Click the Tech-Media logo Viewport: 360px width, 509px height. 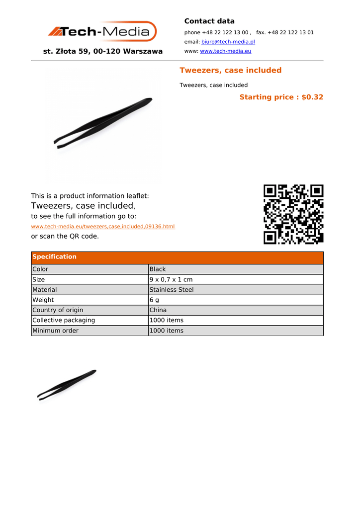coord(102,32)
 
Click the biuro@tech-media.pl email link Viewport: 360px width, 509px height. coord(228,42)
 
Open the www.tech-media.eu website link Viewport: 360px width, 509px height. coord(225,51)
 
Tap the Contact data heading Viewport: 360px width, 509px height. coord(209,21)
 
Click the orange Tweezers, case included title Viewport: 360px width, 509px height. coord(230,70)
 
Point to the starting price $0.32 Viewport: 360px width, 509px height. coord(281,97)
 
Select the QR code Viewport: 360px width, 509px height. coord(293,214)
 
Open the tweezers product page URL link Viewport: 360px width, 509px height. coord(103,227)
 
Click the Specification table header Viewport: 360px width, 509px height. coord(55,257)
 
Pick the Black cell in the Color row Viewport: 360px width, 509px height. coord(158,269)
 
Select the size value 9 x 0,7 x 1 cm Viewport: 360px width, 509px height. coord(171,280)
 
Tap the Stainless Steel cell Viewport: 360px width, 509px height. coord(172,290)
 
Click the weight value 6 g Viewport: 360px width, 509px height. coord(154,300)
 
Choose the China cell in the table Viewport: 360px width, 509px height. coord(158,310)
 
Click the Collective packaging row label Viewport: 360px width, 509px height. coord(64,321)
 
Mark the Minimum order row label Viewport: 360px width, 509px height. coord(55,331)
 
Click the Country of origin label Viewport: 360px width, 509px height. coord(58,310)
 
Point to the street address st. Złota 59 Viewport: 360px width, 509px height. coord(102,51)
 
